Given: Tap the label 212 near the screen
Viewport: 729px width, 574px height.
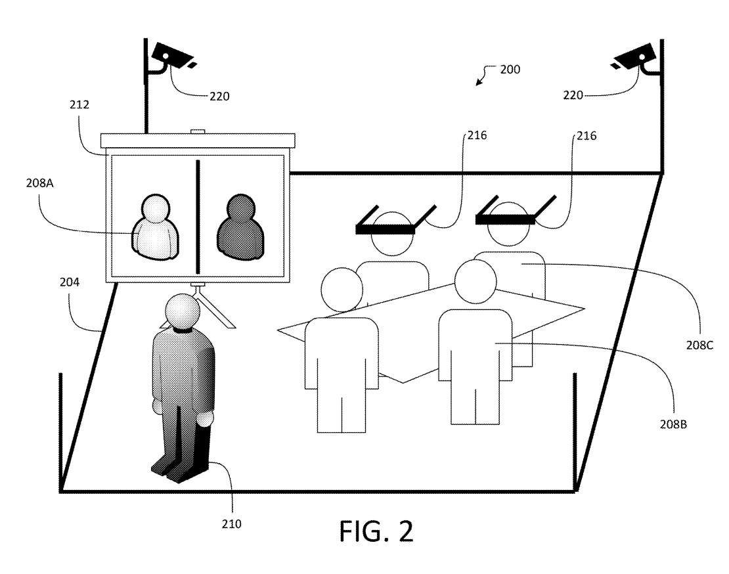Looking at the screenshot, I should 79,104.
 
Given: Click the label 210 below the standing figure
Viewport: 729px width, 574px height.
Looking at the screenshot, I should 231,523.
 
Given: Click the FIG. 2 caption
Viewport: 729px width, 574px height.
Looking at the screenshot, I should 376,531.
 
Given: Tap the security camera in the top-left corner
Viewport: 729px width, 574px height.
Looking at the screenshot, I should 172,55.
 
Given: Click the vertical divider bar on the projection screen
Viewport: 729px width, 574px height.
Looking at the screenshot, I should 198,216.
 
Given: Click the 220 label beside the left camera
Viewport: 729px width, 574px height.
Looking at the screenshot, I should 219,96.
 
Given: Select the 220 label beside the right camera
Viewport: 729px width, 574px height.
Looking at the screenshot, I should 572,96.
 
